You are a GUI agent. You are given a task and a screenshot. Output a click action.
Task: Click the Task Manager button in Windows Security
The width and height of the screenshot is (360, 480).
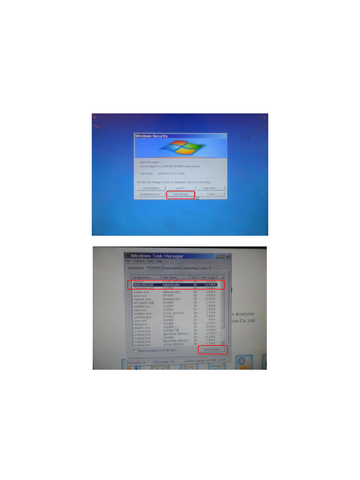point(180,194)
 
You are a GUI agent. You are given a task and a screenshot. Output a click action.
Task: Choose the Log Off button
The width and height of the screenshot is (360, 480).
point(180,188)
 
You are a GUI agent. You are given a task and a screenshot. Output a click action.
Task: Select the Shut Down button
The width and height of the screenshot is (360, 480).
point(210,188)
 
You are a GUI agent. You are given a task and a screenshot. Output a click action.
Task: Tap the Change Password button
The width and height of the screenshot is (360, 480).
point(150,194)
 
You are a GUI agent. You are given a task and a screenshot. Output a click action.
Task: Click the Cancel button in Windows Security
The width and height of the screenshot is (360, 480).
point(210,194)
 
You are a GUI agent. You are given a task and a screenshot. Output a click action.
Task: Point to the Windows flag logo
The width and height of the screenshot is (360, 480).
point(180,147)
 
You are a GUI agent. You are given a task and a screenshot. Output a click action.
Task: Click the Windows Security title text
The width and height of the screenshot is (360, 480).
point(151,136)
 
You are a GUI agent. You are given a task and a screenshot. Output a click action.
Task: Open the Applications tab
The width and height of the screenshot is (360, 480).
point(136,268)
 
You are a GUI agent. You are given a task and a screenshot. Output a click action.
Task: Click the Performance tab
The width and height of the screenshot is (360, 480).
point(172,268)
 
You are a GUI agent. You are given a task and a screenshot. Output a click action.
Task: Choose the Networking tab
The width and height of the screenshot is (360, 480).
point(190,268)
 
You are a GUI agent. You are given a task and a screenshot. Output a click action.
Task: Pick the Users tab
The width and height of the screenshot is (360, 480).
point(204,268)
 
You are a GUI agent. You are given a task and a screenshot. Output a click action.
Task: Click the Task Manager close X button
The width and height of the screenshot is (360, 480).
point(227,256)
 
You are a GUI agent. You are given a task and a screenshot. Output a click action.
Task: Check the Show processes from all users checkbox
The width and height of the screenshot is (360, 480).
point(135,350)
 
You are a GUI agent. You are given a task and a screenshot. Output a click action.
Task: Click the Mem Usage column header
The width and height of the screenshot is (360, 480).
point(209,277)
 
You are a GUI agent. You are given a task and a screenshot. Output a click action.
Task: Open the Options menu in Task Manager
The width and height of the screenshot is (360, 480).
point(139,261)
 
